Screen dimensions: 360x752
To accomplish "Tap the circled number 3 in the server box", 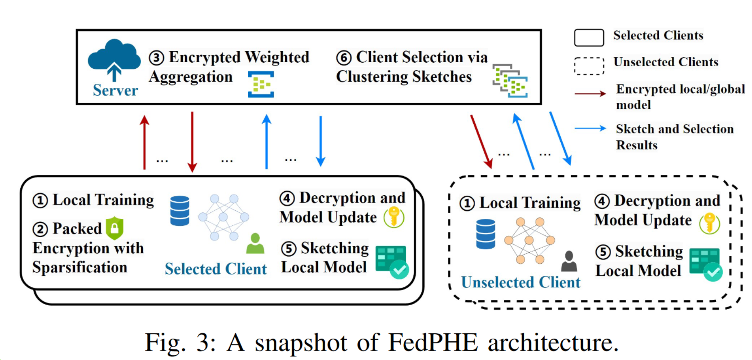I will pos(156,58).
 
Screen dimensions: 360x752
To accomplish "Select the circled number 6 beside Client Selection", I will pos(343,58).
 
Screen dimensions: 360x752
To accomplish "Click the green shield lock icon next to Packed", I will pos(115,228).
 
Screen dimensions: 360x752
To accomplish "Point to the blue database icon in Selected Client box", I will pos(179,211).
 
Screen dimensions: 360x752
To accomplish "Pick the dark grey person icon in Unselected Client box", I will pos(569,261).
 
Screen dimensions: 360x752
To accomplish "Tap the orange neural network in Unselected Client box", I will pos(529,240).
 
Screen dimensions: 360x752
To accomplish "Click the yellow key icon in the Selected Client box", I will pos(393,217).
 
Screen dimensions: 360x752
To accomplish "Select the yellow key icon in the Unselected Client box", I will pos(709,223).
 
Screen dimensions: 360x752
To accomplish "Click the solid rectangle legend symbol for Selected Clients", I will pos(589,37).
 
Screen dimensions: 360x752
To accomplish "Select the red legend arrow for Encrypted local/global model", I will pos(590,94).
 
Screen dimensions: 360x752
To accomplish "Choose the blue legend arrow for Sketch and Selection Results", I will pos(590,129).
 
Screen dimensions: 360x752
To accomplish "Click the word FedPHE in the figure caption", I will pos(433,343).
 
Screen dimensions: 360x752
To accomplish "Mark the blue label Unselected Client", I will pos(520,282).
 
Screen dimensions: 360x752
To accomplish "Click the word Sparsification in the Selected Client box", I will pos(80,267).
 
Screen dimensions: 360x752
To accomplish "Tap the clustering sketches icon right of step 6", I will pos(510,80).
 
